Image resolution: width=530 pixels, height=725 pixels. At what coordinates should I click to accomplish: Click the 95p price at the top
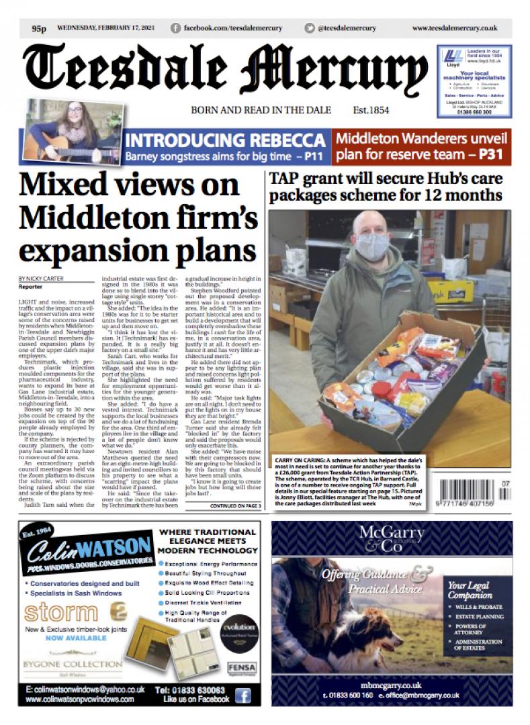[x=38, y=28]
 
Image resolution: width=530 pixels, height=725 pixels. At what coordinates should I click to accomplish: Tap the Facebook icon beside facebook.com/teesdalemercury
[x=176, y=28]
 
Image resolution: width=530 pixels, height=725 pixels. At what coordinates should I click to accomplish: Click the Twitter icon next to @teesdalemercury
[x=309, y=28]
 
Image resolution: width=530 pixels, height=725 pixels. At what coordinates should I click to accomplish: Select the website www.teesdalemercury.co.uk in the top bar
[x=454, y=28]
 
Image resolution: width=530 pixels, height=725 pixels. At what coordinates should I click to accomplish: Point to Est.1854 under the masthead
[x=371, y=110]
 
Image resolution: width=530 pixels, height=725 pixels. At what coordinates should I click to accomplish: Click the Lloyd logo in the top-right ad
[x=455, y=56]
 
